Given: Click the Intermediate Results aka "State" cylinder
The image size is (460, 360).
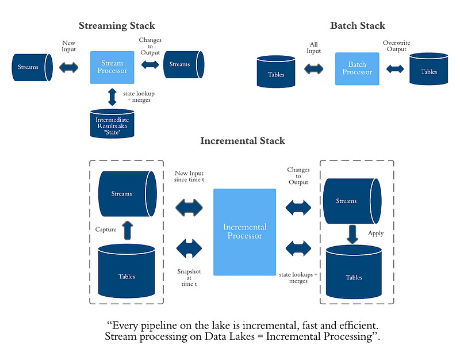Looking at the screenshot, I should pyautogui.click(x=113, y=122).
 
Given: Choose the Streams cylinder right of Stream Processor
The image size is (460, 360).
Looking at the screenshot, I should pyautogui.click(x=183, y=64).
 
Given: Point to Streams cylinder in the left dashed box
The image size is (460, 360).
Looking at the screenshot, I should pyautogui.click(x=125, y=193).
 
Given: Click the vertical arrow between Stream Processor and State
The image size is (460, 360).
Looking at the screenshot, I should pyautogui.click(x=112, y=95).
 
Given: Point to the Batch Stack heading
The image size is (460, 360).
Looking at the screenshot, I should pyautogui.click(x=357, y=26).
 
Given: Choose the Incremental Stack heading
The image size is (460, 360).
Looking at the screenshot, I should pyautogui.click(x=242, y=140).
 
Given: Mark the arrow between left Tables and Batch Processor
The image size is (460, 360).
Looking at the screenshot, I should pyautogui.click(x=314, y=70).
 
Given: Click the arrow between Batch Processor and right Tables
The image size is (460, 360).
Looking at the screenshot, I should pyautogui.click(x=394, y=70).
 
